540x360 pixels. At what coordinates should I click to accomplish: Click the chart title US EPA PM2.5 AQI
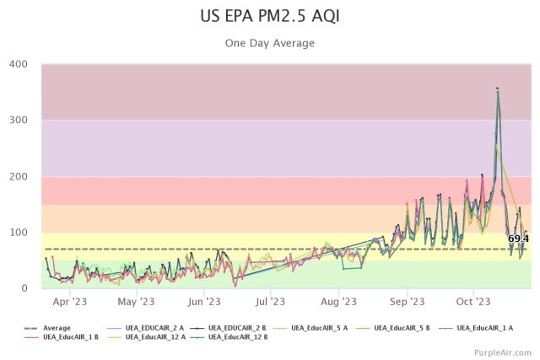(270, 16)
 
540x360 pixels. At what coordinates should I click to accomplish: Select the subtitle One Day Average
(270, 43)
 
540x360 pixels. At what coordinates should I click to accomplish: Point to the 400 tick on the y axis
(19, 64)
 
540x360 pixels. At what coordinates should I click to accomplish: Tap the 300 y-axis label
(19, 120)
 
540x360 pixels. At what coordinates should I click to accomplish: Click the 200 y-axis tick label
(19, 176)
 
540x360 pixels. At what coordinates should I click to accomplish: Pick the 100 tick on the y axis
(19, 233)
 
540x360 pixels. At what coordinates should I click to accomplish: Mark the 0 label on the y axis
(24, 288)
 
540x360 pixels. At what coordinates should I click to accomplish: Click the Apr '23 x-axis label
(70, 302)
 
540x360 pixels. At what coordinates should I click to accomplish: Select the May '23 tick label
(136, 302)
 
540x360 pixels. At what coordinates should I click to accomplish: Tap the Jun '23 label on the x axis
(204, 302)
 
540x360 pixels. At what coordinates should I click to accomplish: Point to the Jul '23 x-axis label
(270, 302)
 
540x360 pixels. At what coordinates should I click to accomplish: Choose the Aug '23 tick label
(338, 302)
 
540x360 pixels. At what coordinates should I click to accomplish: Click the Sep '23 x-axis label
(407, 302)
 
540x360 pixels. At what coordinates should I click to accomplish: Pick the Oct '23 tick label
(473, 302)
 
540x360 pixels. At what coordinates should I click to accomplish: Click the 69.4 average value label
(518, 239)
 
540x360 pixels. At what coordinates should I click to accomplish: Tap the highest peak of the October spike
(497, 89)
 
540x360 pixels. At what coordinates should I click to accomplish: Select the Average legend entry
(47, 328)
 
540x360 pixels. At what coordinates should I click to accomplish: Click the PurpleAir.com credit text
(503, 352)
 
